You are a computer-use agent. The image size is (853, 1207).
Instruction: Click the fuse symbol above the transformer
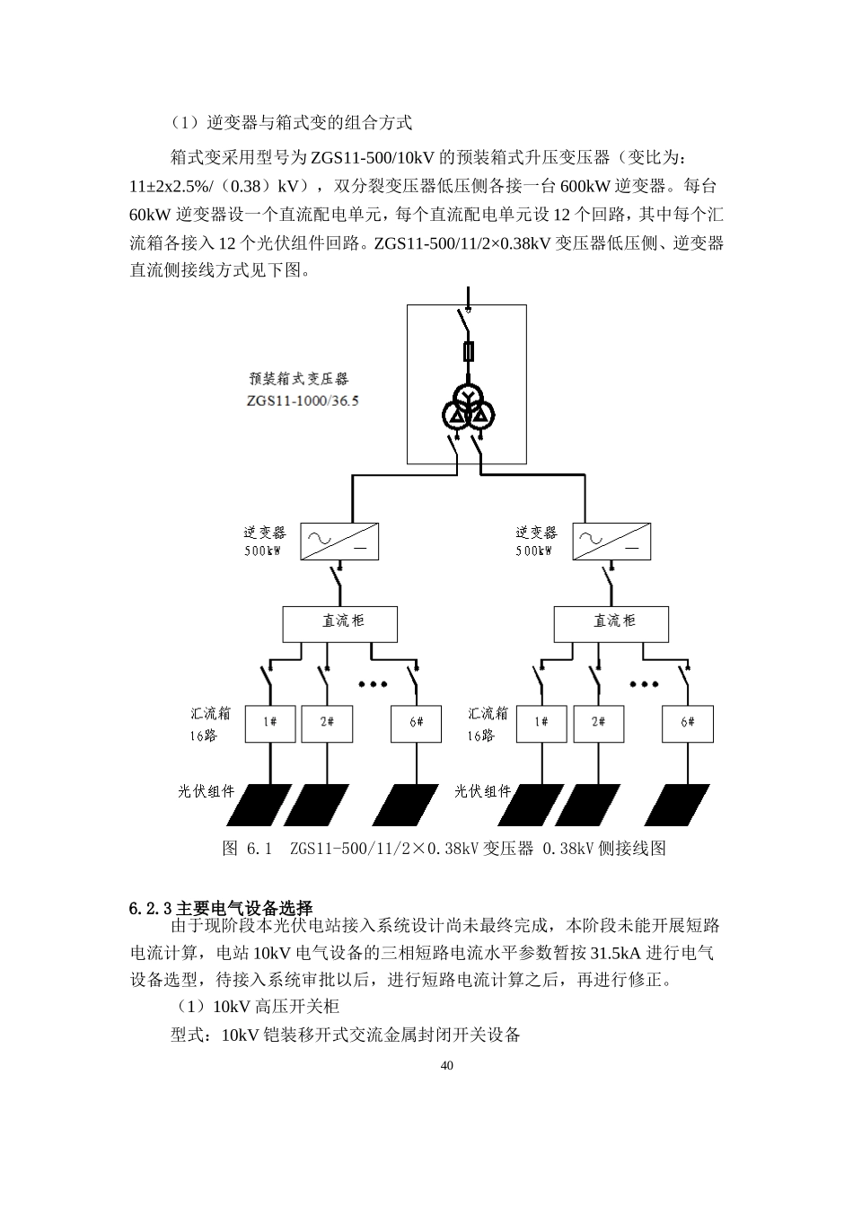pos(467,350)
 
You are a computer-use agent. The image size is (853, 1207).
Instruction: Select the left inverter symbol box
pos(339,541)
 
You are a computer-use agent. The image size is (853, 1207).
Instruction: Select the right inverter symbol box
pos(611,541)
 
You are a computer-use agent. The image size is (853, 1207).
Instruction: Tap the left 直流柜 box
pos(340,622)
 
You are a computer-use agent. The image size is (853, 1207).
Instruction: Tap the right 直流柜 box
pos(611,622)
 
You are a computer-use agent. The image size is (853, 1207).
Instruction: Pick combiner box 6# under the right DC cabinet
pos(688,723)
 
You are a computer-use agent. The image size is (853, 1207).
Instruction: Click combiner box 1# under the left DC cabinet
pos(270,723)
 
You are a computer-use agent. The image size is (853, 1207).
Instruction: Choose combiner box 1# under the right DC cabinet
pos(541,723)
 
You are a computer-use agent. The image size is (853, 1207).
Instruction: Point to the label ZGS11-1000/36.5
pos(302,401)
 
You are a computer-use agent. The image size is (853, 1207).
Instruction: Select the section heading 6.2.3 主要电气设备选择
pos(221,908)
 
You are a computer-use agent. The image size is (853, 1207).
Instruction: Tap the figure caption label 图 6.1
pos(247,849)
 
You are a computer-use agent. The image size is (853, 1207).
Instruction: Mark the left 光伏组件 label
pos(207,791)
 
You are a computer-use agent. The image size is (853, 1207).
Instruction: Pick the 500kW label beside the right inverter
pos(534,551)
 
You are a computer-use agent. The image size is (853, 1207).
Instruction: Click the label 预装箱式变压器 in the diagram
pos(299,380)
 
